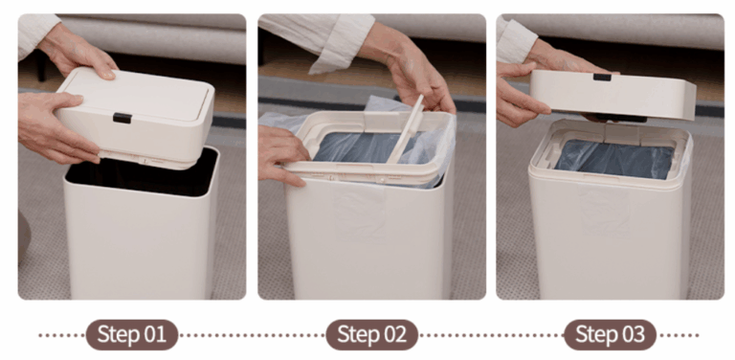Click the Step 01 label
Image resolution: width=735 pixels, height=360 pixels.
coord(132,335)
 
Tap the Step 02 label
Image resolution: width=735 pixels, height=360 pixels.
coord(371,335)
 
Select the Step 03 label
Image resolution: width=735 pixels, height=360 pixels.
coord(610,335)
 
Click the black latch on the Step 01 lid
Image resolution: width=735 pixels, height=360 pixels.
coord(122,118)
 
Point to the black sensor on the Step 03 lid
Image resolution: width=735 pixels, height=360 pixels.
coord(602,77)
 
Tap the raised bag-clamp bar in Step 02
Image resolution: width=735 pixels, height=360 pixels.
coord(404,129)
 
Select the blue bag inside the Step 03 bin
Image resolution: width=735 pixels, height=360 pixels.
coord(614,159)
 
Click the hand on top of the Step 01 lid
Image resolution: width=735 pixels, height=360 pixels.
coord(78,54)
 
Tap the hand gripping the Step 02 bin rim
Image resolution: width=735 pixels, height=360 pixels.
coord(281,155)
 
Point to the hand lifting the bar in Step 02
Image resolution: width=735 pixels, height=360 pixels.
coord(412,70)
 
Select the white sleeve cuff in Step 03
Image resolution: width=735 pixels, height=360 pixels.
coord(516,40)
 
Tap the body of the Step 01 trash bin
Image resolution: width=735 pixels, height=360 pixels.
coord(141,244)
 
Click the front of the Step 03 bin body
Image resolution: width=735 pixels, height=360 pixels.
coord(610,239)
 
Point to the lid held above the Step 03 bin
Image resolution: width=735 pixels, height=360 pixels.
coord(612,95)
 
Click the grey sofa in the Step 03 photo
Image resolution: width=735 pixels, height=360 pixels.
coord(623,31)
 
